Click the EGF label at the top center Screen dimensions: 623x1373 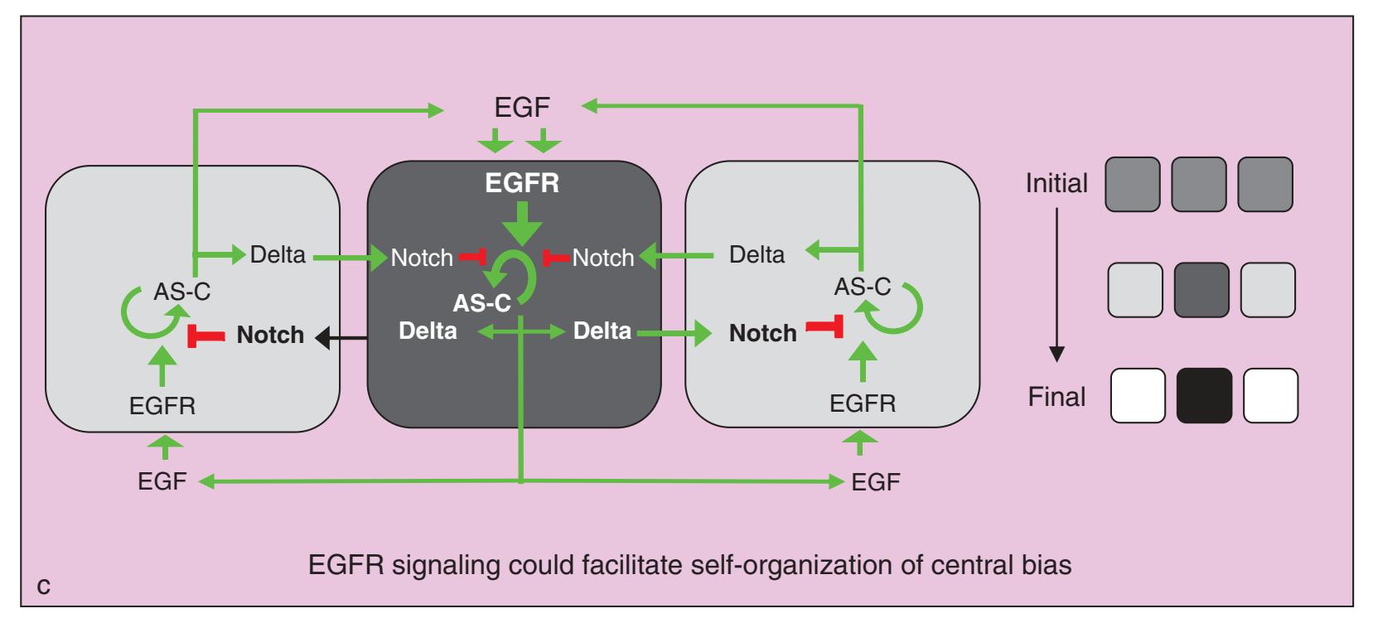tap(522, 108)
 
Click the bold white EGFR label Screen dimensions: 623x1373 tap(522, 183)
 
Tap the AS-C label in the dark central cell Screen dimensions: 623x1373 tap(481, 303)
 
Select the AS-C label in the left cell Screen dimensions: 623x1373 tap(182, 292)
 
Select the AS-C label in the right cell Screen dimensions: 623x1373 tap(862, 287)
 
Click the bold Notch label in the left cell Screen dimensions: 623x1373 tap(270, 335)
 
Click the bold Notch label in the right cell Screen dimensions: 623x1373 tap(762, 333)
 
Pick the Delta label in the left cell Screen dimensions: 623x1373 tap(278, 254)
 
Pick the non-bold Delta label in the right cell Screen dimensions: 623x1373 tap(757, 254)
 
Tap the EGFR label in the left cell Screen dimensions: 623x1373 tap(162, 406)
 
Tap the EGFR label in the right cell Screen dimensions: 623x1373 tap(863, 403)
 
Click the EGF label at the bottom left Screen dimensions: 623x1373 tap(162, 481)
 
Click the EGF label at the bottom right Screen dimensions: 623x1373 tap(876, 482)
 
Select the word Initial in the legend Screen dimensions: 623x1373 tap(1056, 183)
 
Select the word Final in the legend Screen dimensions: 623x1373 tap(1056, 397)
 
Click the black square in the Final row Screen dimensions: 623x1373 tap(1204, 396)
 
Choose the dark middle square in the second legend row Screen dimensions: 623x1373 tap(1201, 290)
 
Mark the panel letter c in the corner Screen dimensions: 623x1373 tap(44, 587)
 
